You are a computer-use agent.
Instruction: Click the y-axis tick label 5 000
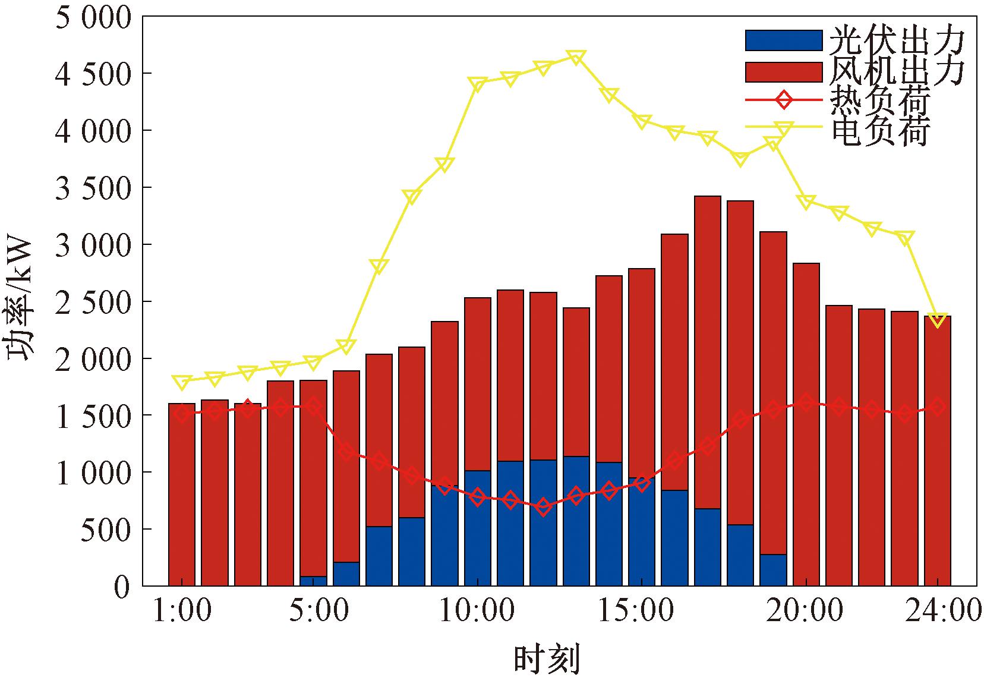pyautogui.click(x=93, y=18)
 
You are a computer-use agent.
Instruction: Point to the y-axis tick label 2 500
pyautogui.click(x=93, y=302)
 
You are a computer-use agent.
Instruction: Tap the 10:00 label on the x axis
pyautogui.click(x=477, y=611)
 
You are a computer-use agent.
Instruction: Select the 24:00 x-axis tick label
pyautogui.click(x=942, y=611)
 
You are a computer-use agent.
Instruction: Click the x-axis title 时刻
pyautogui.click(x=546, y=659)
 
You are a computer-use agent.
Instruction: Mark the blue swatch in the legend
pyautogui.click(x=783, y=40)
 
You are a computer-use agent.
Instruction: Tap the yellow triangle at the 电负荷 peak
pyautogui.click(x=576, y=57)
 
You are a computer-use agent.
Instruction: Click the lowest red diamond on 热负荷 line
pyautogui.click(x=543, y=508)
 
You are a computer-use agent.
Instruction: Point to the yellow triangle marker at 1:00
pyautogui.click(x=182, y=381)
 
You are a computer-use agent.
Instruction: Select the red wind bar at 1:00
pyautogui.click(x=182, y=493)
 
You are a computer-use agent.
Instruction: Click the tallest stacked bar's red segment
pyautogui.click(x=707, y=351)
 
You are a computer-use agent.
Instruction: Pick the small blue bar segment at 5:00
pyautogui.click(x=313, y=581)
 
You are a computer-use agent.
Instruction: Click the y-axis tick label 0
pyautogui.click(x=121, y=586)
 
